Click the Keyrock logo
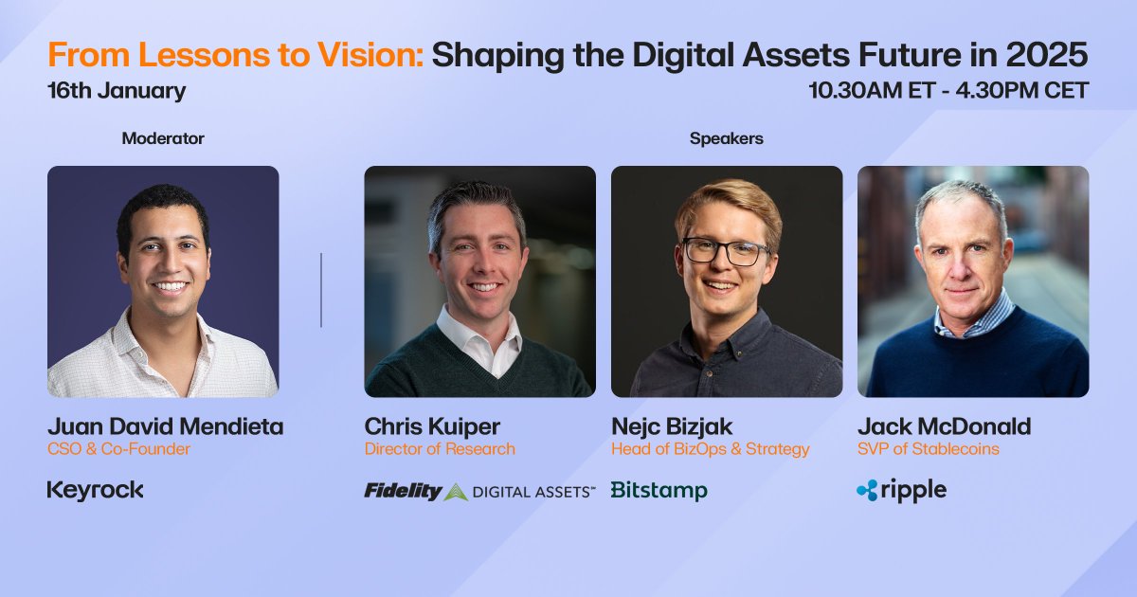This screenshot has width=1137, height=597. pyautogui.click(x=95, y=491)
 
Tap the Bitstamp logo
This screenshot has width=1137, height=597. pyautogui.click(x=659, y=491)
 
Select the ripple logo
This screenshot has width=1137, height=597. pyautogui.click(x=901, y=491)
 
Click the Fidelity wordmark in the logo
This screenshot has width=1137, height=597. pyautogui.click(x=403, y=491)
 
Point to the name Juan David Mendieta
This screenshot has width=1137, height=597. pyautogui.click(x=166, y=426)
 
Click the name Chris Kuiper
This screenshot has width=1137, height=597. pyautogui.click(x=432, y=427)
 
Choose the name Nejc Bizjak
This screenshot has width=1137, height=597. pyautogui.click(x=672, y=427)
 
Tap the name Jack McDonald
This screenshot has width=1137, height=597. pyautogui.click(x=944, y=426)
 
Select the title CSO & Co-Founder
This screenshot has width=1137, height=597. pyautogui.click(x=118, y=449)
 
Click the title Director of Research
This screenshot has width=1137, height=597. pyautogui.click(x=440, y=449)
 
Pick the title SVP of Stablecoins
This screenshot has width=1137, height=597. pyautogui.click(x=929, y=449)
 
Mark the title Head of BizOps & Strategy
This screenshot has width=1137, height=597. pyautogui.click(x=710, y=449)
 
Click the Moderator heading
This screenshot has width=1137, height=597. pyautogui.click(x=163, y=138)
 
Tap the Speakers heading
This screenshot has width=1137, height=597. pyautogui.click(x=727, y=138)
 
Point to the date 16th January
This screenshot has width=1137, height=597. pyautogui.click(x=117, y=91)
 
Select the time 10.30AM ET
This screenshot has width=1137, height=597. pyautogui.click(x=872, y=90)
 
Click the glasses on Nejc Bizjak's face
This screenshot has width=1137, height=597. pyautogui.click(x=727, y=251)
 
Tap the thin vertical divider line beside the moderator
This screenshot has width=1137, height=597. pyautogui.click(x=321, y=290)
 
